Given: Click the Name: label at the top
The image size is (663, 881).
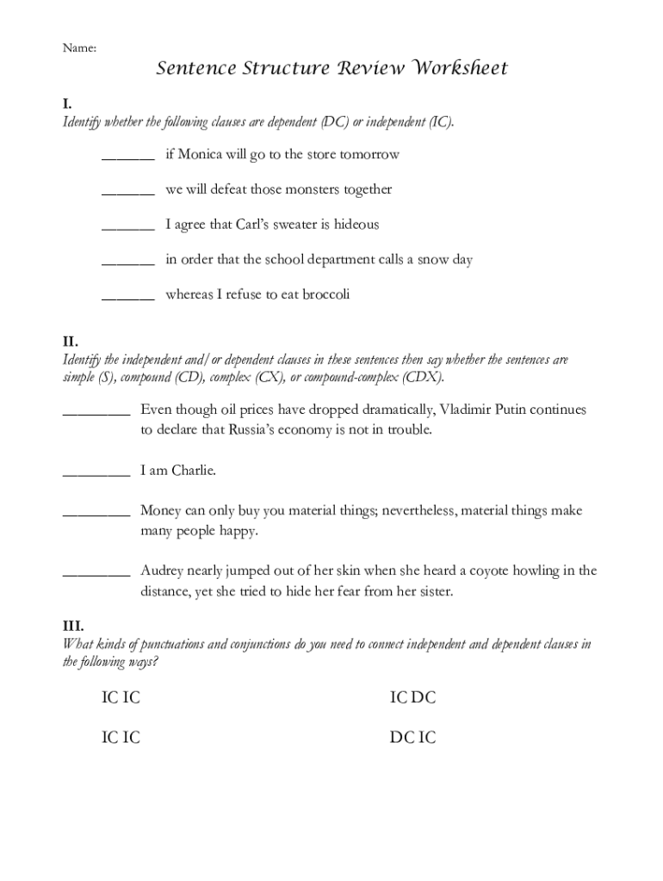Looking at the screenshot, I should click(78, 49).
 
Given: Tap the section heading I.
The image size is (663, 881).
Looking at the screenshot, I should click(67, 104).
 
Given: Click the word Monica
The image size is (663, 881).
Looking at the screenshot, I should click(201, 155).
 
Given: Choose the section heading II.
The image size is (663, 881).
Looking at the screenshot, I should click(71, 342).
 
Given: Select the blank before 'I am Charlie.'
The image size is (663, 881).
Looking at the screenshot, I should click(96, 472).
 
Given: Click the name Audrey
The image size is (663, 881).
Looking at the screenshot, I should click(164, 571).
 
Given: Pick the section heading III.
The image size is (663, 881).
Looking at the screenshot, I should click(73, 626).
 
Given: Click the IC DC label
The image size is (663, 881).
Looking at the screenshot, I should click(412, 698).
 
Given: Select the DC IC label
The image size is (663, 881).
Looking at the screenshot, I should click(412, 737).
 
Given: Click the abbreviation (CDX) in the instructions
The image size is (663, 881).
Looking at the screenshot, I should click(424, 378).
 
